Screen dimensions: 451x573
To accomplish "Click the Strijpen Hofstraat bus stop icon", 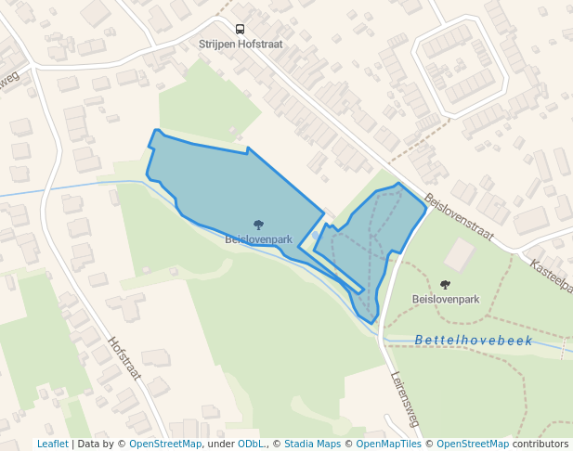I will (x=240, y=30).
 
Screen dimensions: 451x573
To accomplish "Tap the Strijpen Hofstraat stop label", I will (x=240, y=44).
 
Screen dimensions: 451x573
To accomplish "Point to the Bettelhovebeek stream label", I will (x=474, y=341).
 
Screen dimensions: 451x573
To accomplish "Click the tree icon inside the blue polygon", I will (x=258, y=225).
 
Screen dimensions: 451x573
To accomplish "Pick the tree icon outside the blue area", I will (x=445, y=285).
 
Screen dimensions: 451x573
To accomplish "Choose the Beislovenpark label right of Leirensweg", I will (x=445, y=300).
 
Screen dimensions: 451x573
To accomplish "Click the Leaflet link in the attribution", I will (x=52, y=444).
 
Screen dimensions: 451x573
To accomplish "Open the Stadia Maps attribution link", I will (x=311, y=444).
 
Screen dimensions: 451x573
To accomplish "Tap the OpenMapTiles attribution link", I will (x=389, y=444).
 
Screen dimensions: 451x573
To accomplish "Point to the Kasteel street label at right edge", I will (x=552, y=276).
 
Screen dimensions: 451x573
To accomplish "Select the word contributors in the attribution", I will (x=540, y=444).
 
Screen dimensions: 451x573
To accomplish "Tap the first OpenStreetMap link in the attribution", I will (x=165, y=444).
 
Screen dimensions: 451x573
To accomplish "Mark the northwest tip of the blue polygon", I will (x=156, y=131).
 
